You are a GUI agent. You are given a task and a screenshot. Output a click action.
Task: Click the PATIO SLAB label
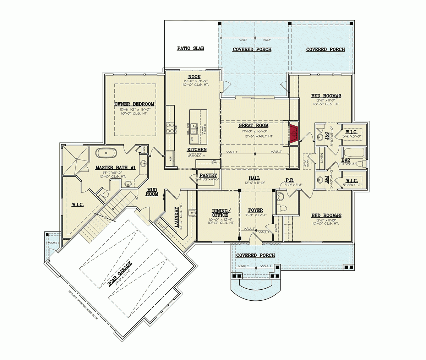(191, 48)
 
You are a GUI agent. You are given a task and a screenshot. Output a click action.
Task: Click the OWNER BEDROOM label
(134, 104)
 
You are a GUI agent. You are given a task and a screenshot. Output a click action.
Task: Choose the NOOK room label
(194, 77)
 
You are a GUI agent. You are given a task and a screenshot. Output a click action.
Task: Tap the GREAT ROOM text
(253, 125)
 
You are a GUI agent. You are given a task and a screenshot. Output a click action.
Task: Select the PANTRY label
(208, 175)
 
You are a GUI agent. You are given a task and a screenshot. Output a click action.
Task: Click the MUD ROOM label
(152, 192)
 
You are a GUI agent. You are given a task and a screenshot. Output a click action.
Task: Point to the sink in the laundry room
(192, 213)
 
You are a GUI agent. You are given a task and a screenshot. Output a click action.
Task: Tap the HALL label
(254, 178)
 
